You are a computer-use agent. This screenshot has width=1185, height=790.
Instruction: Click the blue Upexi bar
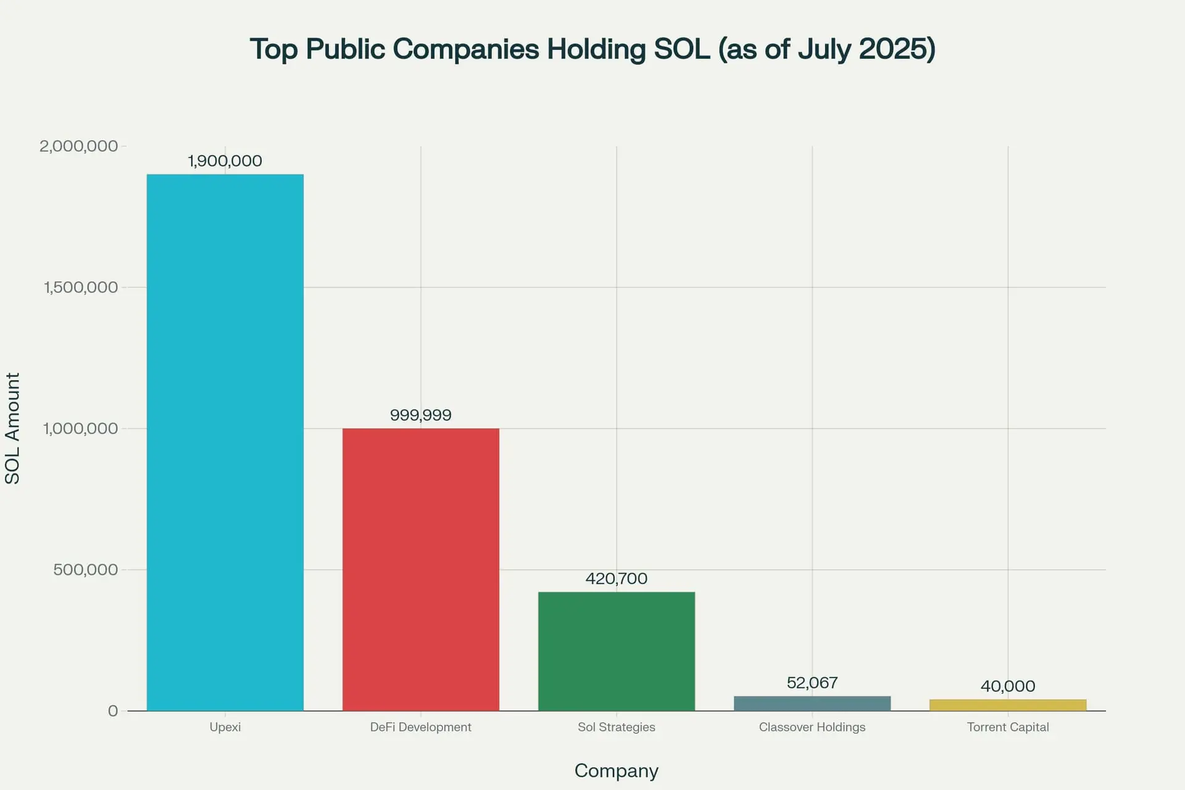click(x=225, y=442)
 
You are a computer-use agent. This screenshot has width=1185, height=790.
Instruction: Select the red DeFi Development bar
click(x=420, y=569)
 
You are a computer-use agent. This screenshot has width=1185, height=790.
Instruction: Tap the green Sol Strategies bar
click(x=616, y=651)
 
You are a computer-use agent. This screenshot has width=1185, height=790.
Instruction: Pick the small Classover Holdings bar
click(x=812, y=704)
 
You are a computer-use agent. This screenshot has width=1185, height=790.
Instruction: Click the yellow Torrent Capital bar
click(x=1007, y=705)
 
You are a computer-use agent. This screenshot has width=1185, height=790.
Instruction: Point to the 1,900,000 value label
click(x=225, y=161)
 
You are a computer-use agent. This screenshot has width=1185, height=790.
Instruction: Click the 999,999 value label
click(x=420, y=415)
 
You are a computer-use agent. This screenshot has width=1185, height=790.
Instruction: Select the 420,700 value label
click(x=616, y=579)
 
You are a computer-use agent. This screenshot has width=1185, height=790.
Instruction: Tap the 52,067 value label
click(x=812, y=683)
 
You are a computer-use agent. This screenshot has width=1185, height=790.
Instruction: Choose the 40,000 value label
click(x=1007, y=686)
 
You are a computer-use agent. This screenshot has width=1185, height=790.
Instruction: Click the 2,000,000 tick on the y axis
click(x=78, y=146)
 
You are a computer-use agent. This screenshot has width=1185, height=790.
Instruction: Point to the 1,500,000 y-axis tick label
click(x=80, y=288)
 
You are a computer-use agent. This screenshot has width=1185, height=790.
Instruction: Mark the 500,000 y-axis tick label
click(x=85, y=570)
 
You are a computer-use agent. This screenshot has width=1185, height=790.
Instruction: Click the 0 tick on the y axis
click(x=112, y=711)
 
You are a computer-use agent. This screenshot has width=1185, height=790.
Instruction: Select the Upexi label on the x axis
click(x=225, y=727)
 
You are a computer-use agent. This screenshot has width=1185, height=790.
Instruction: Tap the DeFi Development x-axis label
click(x=420, y=727)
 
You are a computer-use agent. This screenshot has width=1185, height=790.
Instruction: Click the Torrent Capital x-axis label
click(x=1007, y=727)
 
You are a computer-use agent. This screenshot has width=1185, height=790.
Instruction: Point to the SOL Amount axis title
click(x=13, y=428)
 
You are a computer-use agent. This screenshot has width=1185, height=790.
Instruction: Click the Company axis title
click(x=616, y=771)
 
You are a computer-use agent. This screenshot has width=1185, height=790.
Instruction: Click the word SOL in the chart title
click(x=681, y=49)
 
